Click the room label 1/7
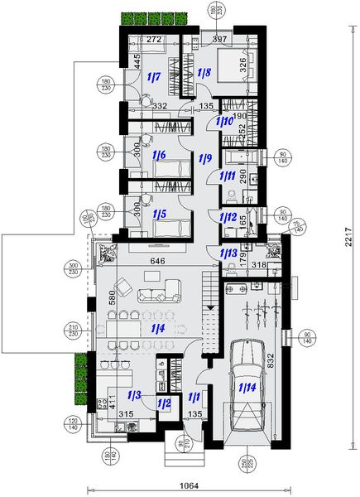pyautogui.click(x=154, y=77)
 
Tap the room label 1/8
pyautogui.click(x=205, y=74)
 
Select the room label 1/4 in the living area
pyautogui.click(x=156, y=329)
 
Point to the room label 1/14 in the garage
pyautogui.click(x=247, y=387)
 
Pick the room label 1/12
pyautogui.click(x=228, y=216)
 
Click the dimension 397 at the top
pyautogui.click(x=219, y=39)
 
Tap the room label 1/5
pyautogui.click(x=161, y=214)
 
